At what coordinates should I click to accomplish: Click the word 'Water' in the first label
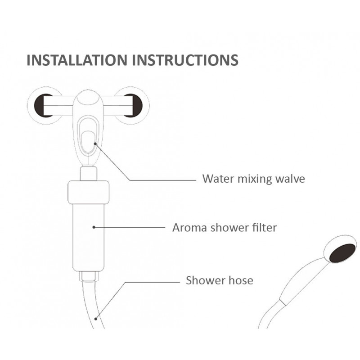(217, 179)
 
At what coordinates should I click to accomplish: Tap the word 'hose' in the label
(241, 280)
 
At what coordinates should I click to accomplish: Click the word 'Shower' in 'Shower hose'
(202, 280)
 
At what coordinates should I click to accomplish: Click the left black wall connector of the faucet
(44, 105)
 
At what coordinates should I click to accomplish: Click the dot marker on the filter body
(94, 227)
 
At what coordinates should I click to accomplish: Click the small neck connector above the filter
(89, 173)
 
